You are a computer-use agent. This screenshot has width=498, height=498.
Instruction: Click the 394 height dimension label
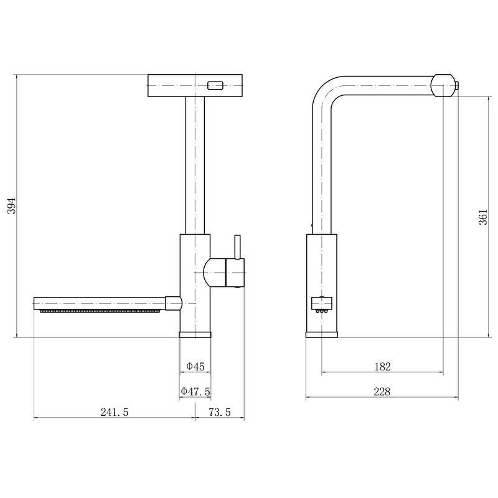(x=11, y=205)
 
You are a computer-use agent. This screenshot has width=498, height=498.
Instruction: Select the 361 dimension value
(x=483, y=217)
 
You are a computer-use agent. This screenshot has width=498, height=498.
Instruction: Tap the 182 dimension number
(x=382, y=367)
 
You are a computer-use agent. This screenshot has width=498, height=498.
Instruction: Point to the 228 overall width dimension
(x=382, y=392)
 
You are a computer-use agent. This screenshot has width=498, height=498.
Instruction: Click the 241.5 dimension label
(x=115, y=412)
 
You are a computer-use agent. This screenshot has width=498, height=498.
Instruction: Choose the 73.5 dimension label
(x=220, y=412)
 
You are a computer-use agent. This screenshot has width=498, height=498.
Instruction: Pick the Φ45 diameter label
(x=195, y=367)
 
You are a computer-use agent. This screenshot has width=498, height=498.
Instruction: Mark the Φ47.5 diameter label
(x=195, y=392)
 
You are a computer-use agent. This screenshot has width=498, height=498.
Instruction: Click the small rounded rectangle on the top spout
(x=215, y=86)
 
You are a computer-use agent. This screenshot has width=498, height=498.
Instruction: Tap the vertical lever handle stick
(x=237, y=247)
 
